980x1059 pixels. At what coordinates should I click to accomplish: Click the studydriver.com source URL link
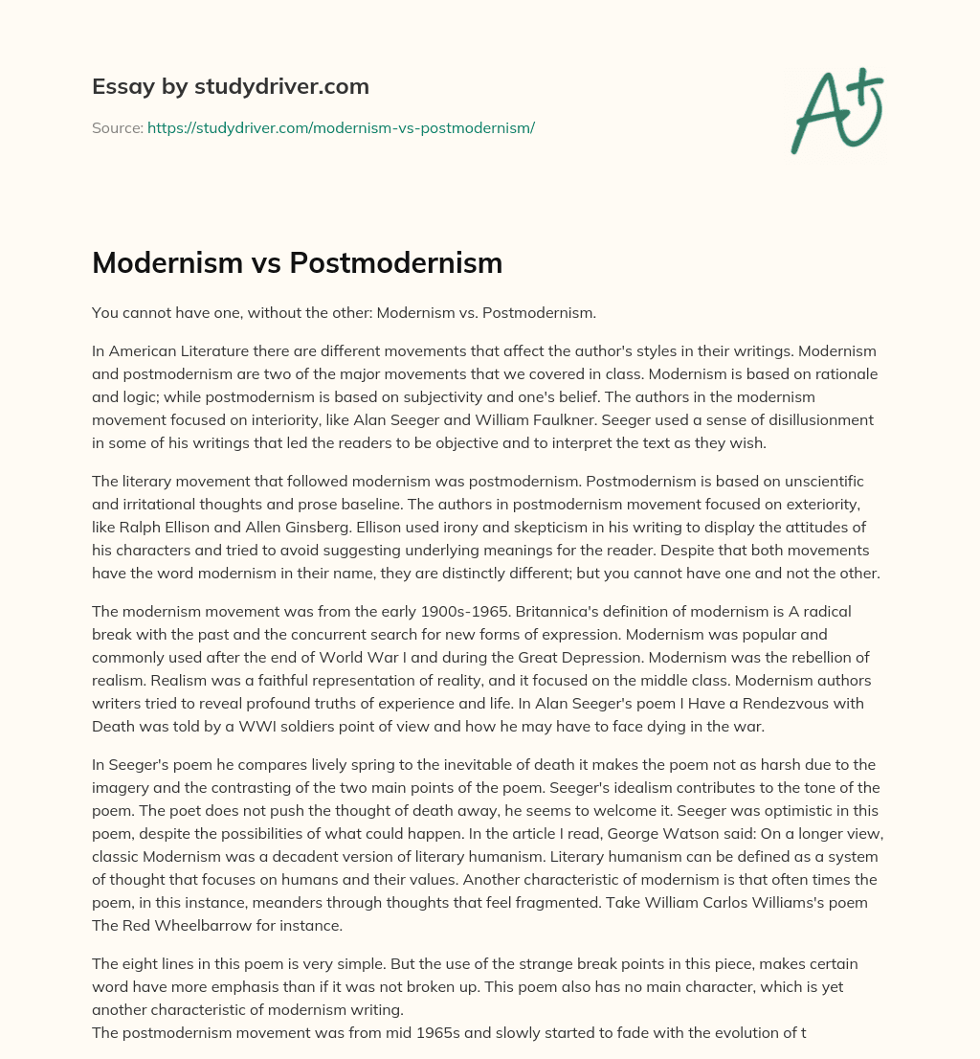coord(341,127)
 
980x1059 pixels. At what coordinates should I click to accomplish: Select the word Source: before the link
coord(117,127)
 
